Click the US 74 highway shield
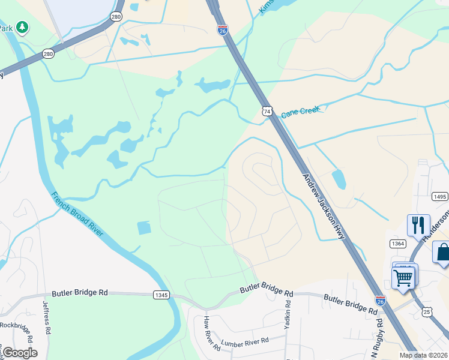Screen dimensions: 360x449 (267, 111)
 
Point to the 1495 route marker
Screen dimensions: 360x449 (439, 196)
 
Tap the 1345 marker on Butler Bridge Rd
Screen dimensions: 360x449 (161, 295)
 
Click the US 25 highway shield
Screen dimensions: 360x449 (427, 311)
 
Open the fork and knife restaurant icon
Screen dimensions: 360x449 (418, 226)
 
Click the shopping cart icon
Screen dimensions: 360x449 (403, 277)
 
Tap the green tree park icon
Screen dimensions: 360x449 (22, 27)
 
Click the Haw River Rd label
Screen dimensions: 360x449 (211, 332)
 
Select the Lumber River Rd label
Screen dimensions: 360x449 (245, 341)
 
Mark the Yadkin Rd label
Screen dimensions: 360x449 (287, 317)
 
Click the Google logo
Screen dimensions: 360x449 (20, 353)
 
